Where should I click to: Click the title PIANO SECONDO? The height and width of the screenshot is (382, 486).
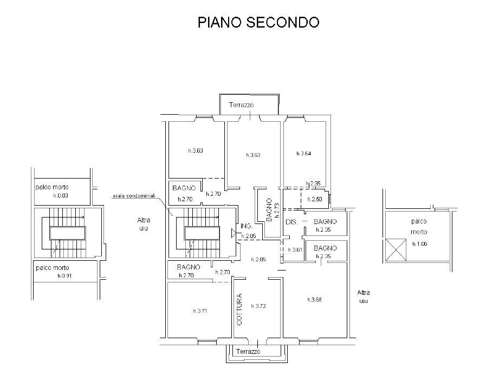coord(258,22)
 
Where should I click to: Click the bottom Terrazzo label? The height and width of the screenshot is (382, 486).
coord(248,352)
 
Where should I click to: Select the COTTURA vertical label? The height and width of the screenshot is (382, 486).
coord(239,309)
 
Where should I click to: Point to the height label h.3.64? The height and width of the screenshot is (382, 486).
coord(303,154)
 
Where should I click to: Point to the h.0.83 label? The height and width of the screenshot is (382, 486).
coord(61,196)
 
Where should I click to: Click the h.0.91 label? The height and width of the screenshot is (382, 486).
coord(65,276)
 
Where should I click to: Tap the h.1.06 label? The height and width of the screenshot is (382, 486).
coord(420,244)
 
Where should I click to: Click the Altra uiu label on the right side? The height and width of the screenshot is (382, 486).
coord(363,297)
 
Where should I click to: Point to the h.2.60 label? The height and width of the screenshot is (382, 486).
coord(315,200)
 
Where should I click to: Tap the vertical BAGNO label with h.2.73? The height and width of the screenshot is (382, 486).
coord(270,210)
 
